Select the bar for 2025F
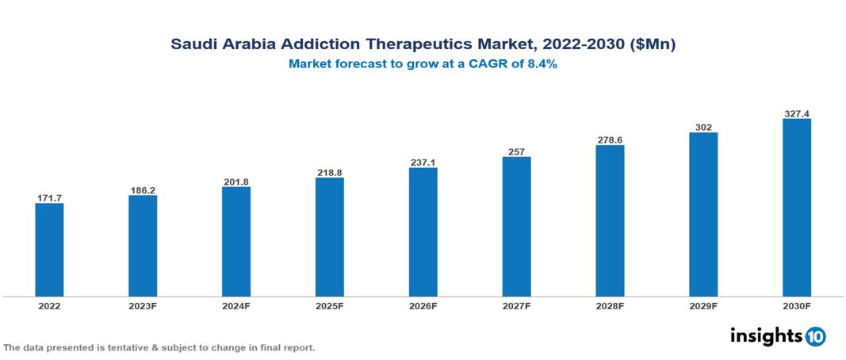tap(330, 236)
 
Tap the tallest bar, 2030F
tap(797, 208)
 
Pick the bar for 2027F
tap(516, 226)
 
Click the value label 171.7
tap(49, 197)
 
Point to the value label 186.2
tap(143, 190)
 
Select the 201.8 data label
tap(236, 182)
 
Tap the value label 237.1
tap(423, 163)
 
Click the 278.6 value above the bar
tap(610, 140)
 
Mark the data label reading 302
tap(703, 127)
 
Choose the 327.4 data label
tap(797, 113)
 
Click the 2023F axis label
tap(143, 306)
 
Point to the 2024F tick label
tap(236, 306)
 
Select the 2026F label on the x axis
tap(423, 306)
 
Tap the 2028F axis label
tap(610, 306)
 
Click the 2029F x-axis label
tap(703, 306)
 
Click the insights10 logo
tap(778, 336)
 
